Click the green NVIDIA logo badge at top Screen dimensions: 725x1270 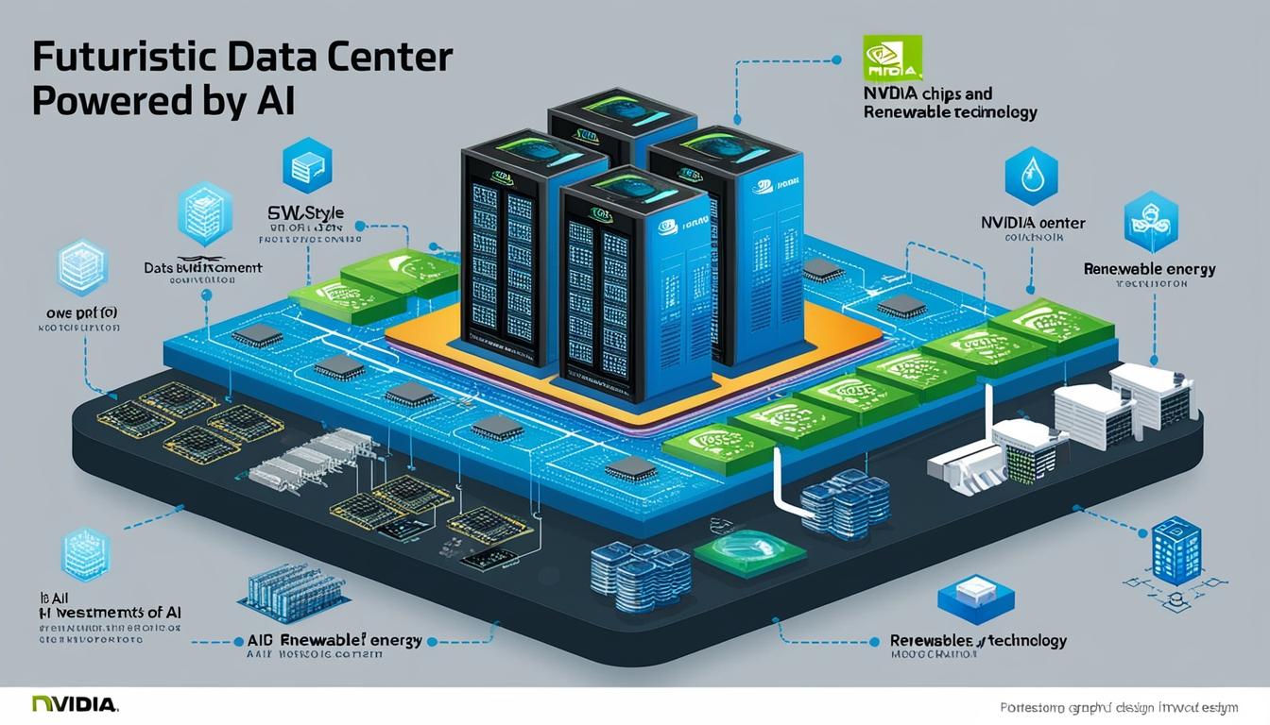tap(891, 59)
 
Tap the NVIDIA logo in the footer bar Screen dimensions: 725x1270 tap(75, 704)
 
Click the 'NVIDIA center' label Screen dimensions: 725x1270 tap(1033, 224)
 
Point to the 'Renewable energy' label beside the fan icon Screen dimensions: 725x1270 tap(1149, 269)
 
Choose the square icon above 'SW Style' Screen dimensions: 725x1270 tap(307, 165)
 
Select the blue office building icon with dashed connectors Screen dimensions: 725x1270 tap(1176, 549)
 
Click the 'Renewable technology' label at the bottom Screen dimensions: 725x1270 tap(978, 641)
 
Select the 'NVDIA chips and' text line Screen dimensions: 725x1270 tap(927, 93)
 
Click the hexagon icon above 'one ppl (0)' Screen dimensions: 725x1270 tap(82, 268)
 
